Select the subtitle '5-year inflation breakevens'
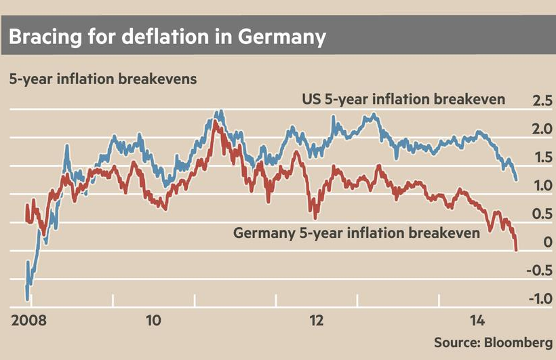(102, 79)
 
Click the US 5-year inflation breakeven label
(403, 100)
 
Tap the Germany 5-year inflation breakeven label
(357, 233)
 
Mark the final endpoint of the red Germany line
(516, 250)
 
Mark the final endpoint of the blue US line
(517, 180)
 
